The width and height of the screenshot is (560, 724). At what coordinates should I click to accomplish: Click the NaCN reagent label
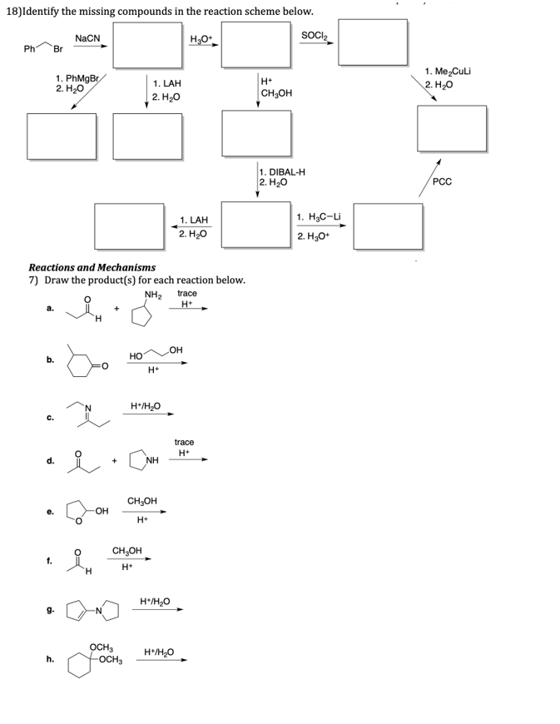[87, 38]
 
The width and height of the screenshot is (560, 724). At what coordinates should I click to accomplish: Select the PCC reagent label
[444, 181]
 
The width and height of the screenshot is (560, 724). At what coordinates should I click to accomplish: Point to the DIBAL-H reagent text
[283, 172]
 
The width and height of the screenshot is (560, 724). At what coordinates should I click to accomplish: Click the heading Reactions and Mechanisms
[92, 268]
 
